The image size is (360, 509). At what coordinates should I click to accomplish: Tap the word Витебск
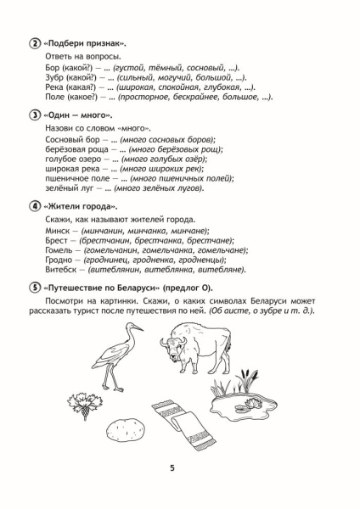point(59,270)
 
